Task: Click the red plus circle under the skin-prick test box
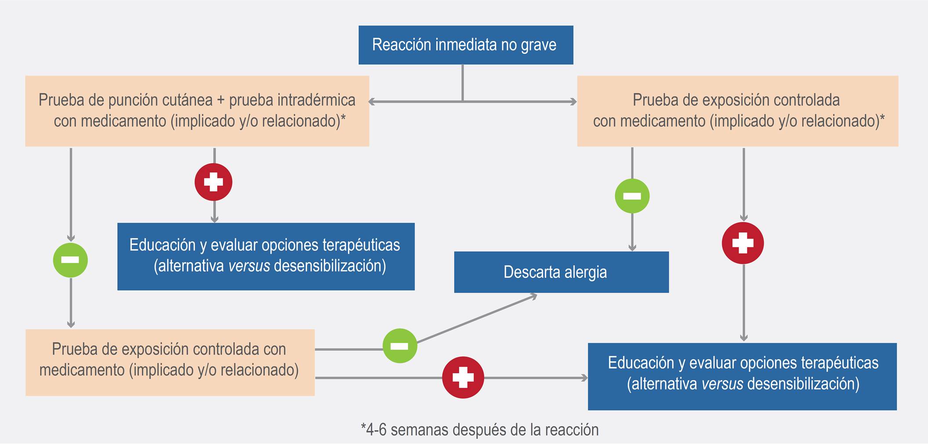pos(214,182)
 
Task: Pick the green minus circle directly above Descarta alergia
pos(632,196)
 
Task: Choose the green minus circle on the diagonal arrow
pos(400,346)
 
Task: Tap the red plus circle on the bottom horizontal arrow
pos(463,377)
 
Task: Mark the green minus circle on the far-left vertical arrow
pos(70,260)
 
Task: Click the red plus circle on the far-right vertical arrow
pos(743,243)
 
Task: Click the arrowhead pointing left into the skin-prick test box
pos(372,102)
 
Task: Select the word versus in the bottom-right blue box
pos(722,384)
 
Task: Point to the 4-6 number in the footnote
pos(376,430)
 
